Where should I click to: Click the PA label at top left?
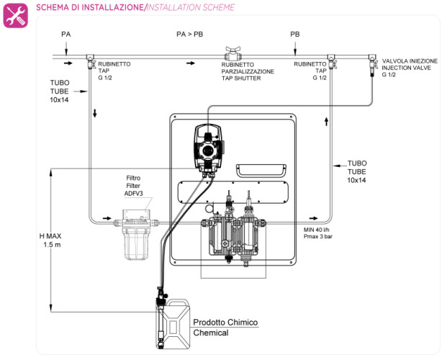(x=66, y=34)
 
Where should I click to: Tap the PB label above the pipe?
(x=295, y=34)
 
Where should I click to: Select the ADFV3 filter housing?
(x=135, y=230)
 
